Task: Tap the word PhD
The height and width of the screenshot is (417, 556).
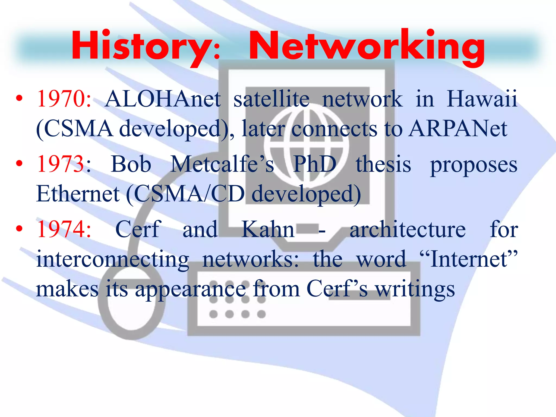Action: click(315, 164)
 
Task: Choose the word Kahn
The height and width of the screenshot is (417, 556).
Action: click(268, 229)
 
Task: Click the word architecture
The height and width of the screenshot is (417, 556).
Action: click(407, 229)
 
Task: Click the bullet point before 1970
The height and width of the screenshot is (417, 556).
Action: click(19, 99)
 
